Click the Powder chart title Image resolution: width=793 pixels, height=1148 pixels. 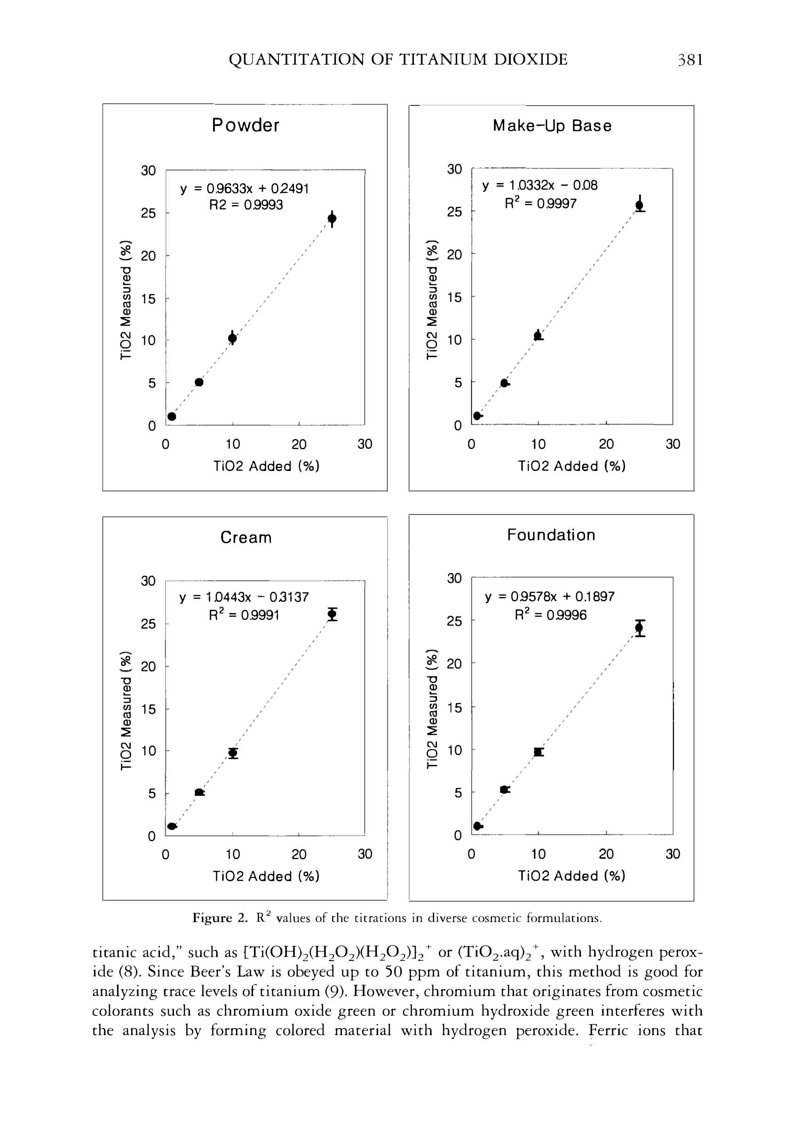[x=246, y=125]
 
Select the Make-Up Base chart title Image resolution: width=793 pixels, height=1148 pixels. [x=552, y=126]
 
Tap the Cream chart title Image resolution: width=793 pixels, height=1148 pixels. [x=246, y=537]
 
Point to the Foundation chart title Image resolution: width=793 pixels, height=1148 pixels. [x=551, y=535]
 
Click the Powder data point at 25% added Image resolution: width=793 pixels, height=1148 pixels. [x=332, y=218]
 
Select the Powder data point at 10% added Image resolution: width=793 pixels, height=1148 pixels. [x=232, y=338]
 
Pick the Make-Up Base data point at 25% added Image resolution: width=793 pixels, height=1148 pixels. [x=640, y=204]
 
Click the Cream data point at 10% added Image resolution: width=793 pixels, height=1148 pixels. [x=232, y=753]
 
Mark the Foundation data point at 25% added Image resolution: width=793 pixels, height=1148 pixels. [x=640, y=628]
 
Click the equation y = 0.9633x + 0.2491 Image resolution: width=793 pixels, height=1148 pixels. [x=245, y=189]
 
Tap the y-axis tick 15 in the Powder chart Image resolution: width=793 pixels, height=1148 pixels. [x=148, y=299]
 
